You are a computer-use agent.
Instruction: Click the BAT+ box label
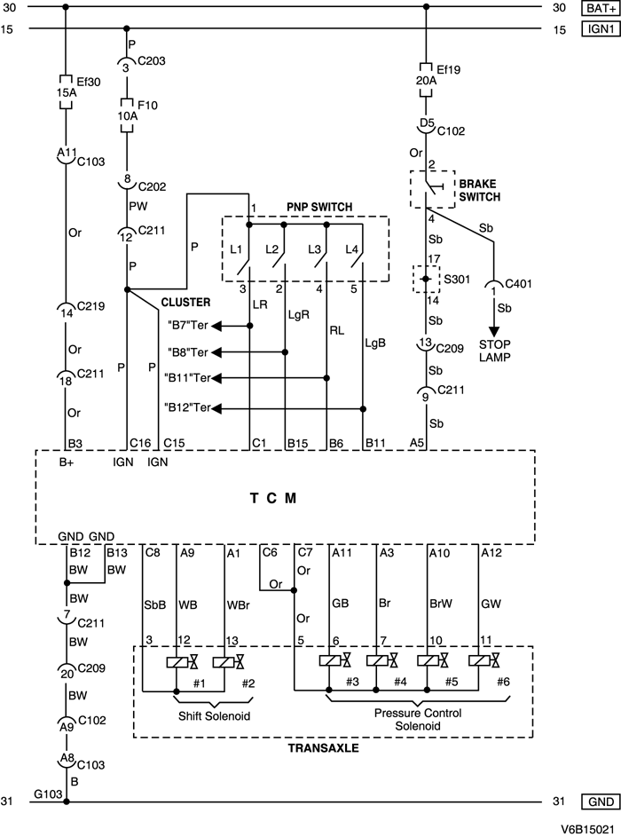(597, 9)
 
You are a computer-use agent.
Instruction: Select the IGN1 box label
(597, 29)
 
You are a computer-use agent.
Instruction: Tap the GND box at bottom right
(597, 801)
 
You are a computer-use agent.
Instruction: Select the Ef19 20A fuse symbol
(427, 79)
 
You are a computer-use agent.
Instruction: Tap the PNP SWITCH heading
(319, 207)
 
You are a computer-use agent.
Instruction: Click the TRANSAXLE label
(323, 748)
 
